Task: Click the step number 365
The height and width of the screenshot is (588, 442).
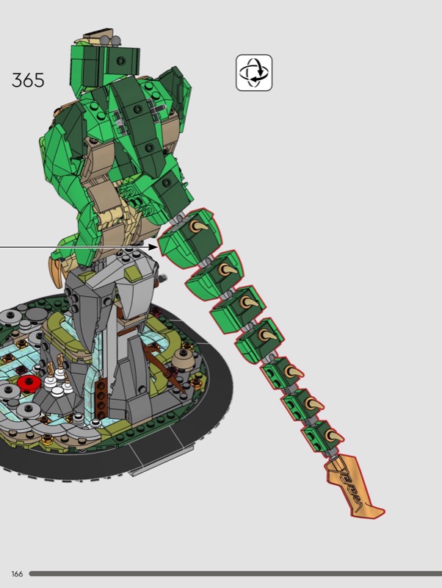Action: (x=28, y=80)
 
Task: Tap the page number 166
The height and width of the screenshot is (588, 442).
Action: (x=17, y=574)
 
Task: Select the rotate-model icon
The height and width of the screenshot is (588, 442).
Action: (x=254, y=73)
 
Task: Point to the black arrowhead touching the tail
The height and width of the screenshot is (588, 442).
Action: (x=153, y=247)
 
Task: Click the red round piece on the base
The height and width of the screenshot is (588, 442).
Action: (x=29, y=384)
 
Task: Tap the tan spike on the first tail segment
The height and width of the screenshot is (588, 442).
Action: (x=198, y=226)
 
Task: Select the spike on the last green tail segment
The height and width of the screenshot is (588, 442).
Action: (x=334, y=436)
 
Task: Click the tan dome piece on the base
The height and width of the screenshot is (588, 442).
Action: (x=184, y=358)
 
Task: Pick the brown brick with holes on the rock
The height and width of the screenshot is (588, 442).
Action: (x=101, y=399)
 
